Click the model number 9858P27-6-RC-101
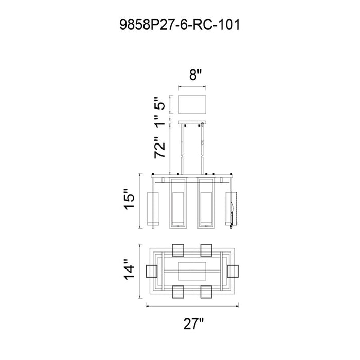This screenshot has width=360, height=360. [x=179, y=25]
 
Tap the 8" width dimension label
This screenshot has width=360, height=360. [x=195, y=75]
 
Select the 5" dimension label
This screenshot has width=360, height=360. [x=159, y=103]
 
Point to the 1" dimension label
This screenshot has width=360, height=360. [x=159, y=121]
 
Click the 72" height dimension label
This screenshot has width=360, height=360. [x=159, y=148]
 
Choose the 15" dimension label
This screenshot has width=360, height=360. [x=129, y=200]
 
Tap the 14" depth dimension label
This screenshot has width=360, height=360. [x=129, y=270]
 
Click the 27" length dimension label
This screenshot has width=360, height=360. [x=193, y=323]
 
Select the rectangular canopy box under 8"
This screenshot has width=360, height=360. [x=192, y=104]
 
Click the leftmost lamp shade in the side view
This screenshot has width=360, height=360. [x=153, y=208]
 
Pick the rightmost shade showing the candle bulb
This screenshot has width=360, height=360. [x=231, y=208]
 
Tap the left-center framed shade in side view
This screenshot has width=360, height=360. [x=178, y=203]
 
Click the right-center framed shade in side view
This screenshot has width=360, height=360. [x=206, y=203]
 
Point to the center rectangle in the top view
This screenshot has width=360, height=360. [x=192, y=271]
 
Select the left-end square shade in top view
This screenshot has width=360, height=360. [x=152, y=271]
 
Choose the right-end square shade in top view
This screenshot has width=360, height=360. [x=232, y=271]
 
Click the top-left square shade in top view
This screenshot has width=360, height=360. [x=178, y=250]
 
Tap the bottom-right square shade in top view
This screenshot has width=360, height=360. [x=206, y=292]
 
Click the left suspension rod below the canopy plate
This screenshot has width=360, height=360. [x=182, y=149]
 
